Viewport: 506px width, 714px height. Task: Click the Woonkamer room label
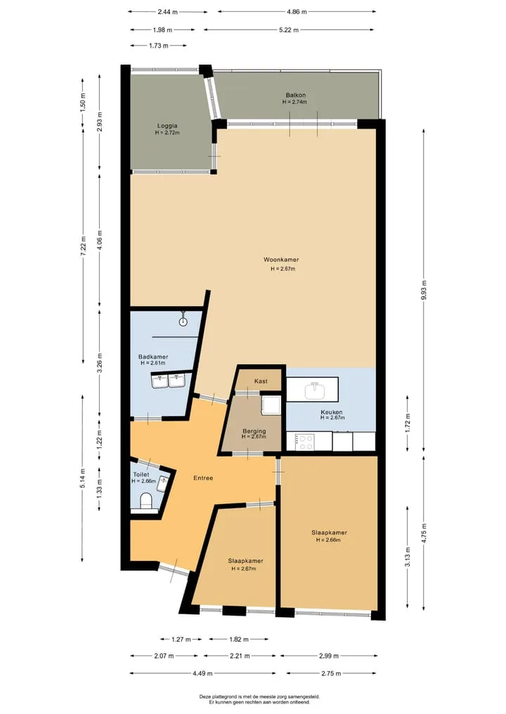[x=281, y=260]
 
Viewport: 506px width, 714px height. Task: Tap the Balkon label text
[x=295, y=95]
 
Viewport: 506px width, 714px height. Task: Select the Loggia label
[x=167, y=126]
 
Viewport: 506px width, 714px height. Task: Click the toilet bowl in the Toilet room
[x=147, y=500]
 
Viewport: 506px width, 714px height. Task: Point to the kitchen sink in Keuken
[x=314, y=390]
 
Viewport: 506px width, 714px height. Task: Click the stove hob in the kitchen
[x=304, y=441]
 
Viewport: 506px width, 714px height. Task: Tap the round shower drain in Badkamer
[x=183, y=322]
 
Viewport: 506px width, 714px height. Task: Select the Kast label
[x=261, y=381]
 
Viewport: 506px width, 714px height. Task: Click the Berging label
[x=254, y=431]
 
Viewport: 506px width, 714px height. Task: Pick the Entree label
[x=203, y=478]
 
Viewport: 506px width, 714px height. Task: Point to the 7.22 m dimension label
[x=83, y=246]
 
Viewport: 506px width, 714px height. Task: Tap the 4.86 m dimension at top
[x=297, y=12]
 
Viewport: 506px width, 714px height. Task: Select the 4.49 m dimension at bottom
[x=203, y=673]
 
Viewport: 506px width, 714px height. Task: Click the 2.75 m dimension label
[x=332, y=673]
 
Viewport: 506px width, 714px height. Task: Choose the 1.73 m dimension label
[x=159, y=46]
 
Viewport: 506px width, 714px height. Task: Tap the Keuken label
[x=332, y=412]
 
